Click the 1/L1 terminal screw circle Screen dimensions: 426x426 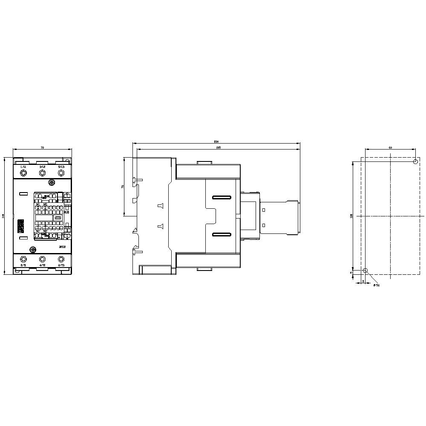23,173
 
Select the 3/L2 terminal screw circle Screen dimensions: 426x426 42,173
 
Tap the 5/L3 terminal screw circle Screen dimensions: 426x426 61,173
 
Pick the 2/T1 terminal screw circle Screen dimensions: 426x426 23,259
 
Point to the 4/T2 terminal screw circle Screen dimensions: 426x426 42,259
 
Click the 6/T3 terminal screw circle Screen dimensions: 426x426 61,259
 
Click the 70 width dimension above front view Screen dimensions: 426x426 42,147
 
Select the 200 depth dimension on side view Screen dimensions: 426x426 216,141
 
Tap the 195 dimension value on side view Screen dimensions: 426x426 218,147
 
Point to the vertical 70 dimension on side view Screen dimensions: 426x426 123,187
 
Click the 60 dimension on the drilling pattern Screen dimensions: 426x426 390,147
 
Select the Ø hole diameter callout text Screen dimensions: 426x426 377,285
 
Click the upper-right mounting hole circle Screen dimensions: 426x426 415,161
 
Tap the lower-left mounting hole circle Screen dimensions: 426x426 365,271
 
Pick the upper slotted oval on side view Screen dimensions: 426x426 222,198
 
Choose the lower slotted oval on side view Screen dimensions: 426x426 222,235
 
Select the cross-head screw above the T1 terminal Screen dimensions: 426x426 32,250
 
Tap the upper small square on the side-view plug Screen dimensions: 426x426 264,210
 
